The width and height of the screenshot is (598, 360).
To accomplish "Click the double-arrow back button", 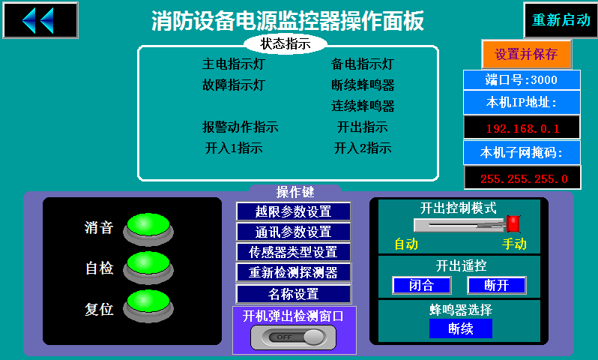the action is point(40,20).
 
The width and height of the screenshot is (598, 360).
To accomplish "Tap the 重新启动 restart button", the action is point(561,19).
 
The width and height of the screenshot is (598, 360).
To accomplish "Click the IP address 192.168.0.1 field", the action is point(522,128).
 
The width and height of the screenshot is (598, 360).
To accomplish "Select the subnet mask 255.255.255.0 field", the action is point(522,178).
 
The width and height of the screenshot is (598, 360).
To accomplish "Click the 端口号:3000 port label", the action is point(522,79).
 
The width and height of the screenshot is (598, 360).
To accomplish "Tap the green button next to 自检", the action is point(148,267).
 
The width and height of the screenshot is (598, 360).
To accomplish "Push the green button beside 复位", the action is point(148,305).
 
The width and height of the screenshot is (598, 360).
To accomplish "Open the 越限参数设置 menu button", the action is point(293,211).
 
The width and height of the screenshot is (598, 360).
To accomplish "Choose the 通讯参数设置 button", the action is point(293,232).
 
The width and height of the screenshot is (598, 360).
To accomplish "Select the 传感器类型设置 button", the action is point(293,252).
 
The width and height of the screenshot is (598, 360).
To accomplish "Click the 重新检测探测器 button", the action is point(293,272).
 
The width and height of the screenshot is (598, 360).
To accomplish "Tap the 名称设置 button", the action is point(293,294).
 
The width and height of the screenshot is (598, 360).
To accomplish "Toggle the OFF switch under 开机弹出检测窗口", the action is point(293,337).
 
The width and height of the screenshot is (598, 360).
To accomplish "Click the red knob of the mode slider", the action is point(513,223).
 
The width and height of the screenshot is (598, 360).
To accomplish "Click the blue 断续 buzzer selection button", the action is point(461,328).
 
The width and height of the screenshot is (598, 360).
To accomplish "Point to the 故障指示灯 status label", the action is point(233,85).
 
